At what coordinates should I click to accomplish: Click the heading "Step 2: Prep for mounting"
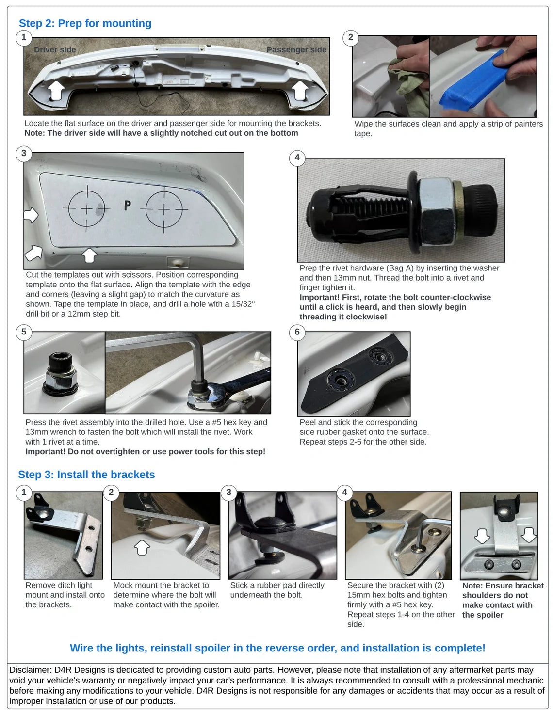[85, 23]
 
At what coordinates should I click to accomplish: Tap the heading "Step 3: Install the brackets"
[86, 475]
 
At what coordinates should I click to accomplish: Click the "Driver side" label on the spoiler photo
[55, 49]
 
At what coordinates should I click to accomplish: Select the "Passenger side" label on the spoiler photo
[296, 49]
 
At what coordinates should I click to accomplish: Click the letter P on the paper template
[128, 206]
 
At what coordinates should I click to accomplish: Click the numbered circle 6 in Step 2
[297, 332]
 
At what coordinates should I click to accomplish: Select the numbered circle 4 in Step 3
[344, 492]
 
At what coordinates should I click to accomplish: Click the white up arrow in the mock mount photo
[142, 547]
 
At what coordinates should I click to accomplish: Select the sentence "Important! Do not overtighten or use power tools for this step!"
[145, 451]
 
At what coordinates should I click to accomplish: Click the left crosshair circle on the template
[86, 208]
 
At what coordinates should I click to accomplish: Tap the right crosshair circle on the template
[164, 209]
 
